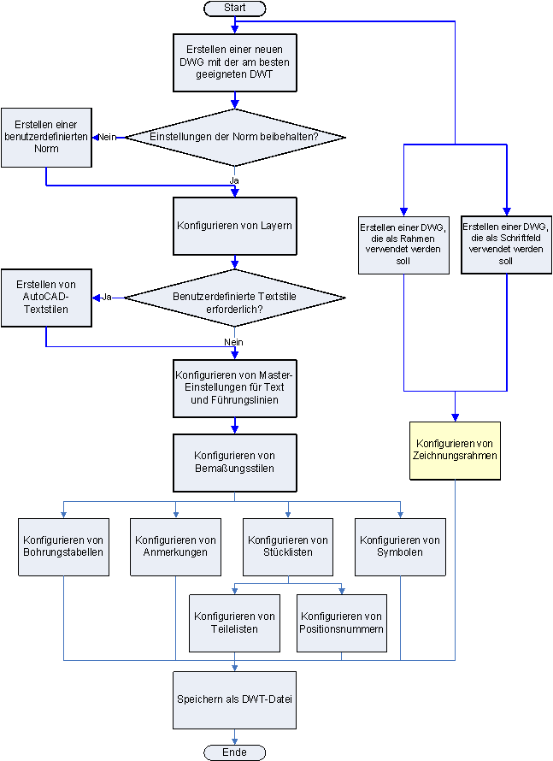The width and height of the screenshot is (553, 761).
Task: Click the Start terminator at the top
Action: [x=235, y=8]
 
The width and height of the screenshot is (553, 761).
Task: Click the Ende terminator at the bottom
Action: [x=235, y=752]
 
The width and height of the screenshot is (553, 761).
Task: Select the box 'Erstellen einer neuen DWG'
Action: [x=235, y=62]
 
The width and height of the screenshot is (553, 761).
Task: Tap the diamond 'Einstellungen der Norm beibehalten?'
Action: [x=235, y=137]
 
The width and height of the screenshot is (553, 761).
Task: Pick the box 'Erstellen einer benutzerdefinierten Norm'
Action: [x=46, y=137]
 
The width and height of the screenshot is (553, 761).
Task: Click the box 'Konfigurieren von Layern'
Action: [x=235, y=226]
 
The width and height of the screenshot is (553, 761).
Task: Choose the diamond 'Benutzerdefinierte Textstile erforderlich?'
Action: [x=235, y=298]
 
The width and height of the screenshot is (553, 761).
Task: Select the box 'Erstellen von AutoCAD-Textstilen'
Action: [x=46, y=298]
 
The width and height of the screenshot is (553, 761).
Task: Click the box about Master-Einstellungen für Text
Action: [x=235, y=387]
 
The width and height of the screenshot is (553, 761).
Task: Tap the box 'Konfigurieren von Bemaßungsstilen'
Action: [x=235, y=462]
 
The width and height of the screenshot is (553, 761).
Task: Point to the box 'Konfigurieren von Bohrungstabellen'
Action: [x=64, y=546]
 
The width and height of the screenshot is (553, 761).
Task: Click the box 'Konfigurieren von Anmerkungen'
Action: [x=176, y=546]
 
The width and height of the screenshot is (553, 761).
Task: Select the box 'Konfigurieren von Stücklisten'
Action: [x=288, y=546]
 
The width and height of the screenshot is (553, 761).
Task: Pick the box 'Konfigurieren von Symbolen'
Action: [x=400, y=546]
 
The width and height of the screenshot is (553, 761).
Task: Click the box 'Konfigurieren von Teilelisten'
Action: [x=235, y=622]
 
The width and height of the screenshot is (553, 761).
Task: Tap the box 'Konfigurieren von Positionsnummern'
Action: [x=342, y=622]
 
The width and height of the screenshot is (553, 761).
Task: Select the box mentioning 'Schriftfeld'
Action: [x=507, y=243]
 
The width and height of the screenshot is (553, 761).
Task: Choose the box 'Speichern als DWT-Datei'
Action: [x=235, y=699]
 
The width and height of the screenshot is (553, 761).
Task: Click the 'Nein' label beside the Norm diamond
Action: [x=107, y=137]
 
